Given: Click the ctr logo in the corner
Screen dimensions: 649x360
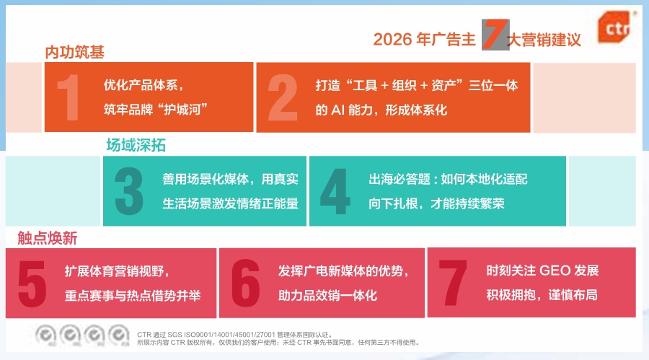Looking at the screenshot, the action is [614, 27].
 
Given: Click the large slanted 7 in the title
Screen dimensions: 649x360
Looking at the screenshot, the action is [495, 35].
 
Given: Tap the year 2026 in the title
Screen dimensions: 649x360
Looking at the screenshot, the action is [392, 40].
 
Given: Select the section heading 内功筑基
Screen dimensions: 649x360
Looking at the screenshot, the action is [74, 52].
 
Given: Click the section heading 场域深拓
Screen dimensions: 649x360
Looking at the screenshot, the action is [136, 146].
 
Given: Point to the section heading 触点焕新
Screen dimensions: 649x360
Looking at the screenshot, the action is [47, 238].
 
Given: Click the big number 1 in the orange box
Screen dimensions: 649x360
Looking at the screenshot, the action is [69, 98].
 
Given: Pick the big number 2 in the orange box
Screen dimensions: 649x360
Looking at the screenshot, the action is [283, 98].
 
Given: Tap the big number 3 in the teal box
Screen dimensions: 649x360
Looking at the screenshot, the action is [129, 191].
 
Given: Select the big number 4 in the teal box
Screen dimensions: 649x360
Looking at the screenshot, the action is [335, 191].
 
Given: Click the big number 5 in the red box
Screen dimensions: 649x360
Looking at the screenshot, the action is [32, 284].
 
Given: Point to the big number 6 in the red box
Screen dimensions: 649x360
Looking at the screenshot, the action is [246, 284].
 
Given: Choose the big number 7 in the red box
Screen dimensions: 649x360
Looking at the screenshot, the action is [453, 283].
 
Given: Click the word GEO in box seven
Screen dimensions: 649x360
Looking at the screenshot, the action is [555, 271].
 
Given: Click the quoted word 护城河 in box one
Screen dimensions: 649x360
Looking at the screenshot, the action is [182, 110].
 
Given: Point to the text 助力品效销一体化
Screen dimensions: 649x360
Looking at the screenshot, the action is [327, 295].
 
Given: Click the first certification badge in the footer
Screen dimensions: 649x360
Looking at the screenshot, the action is [45, 335].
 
